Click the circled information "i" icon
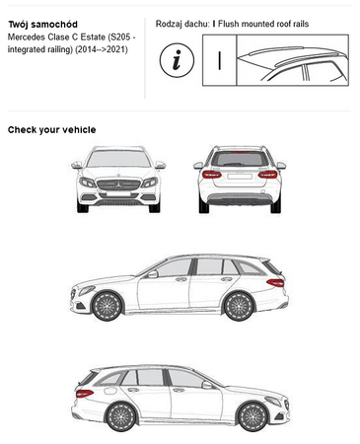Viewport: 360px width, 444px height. point(177,60)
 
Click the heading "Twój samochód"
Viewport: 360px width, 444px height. point(42,25)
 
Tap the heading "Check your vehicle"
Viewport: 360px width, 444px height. point(52,130)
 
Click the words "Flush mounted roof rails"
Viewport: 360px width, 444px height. point(263,24)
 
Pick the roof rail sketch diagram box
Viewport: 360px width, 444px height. point(293,60)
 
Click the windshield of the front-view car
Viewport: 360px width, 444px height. point(118,159)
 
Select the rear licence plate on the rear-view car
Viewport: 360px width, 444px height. point(240,177)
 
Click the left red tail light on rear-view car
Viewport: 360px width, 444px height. point(212,175)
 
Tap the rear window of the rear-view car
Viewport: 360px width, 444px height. point(240,159)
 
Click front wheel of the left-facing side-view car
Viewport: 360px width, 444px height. point(108,306)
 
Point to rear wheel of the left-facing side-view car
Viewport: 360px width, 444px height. point(239,306)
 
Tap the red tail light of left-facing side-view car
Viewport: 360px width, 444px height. point(275,282)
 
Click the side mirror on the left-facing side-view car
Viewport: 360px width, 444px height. point(153,274)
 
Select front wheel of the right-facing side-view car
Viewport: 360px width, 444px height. point(252,416)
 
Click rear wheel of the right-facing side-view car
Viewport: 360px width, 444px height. point(120,416)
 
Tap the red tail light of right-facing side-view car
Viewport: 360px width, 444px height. point(85,393)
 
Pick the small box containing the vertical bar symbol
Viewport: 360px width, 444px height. point(219,60)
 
